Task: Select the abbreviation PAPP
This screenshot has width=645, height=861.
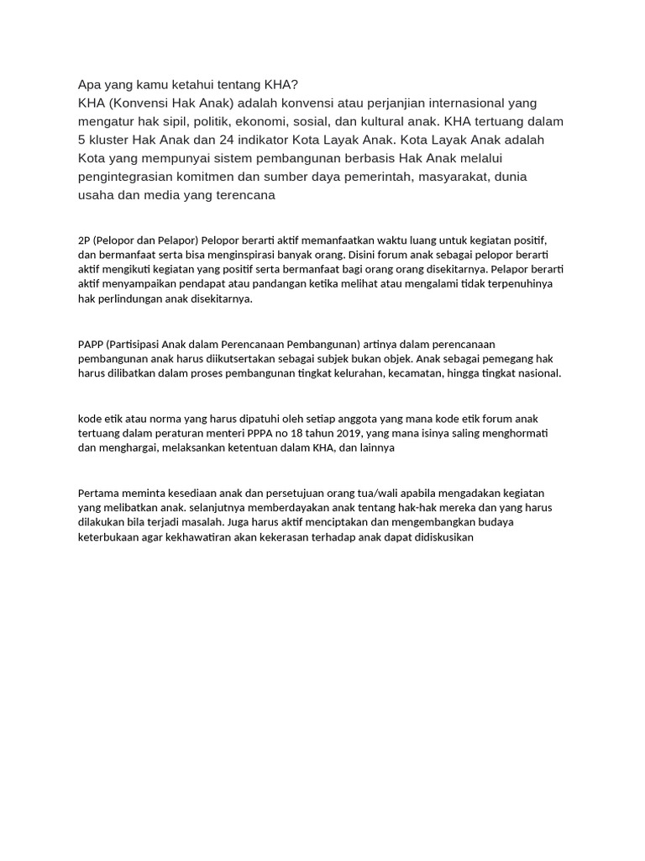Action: coord(91,344)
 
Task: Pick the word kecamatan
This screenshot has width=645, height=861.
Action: coord(413,372)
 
